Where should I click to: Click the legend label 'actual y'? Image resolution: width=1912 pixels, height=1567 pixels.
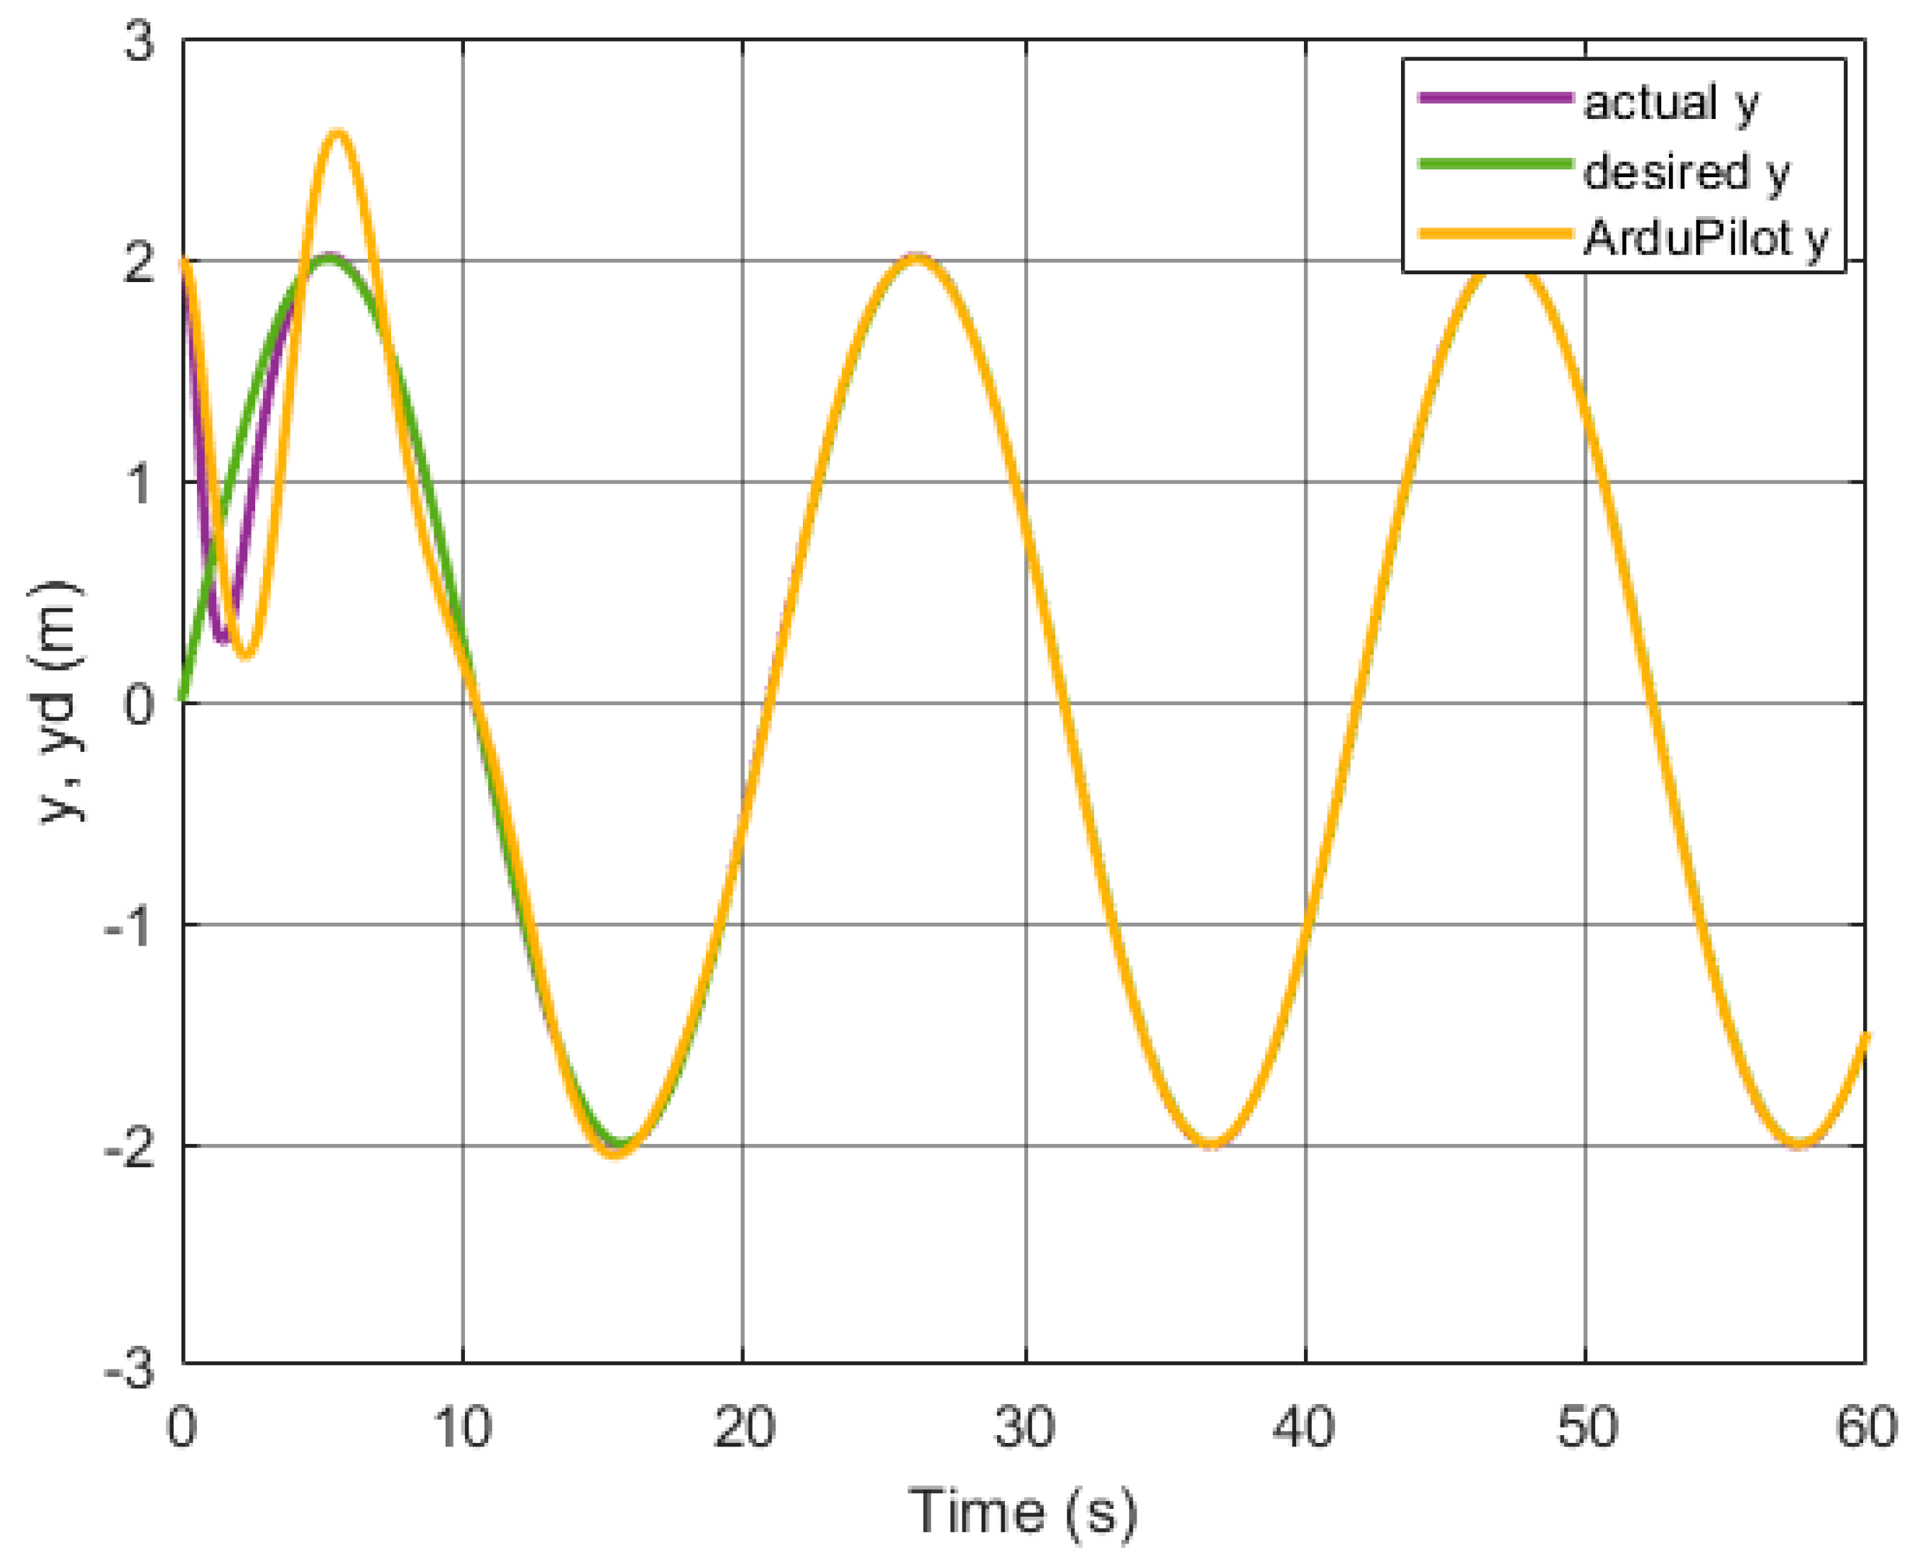tap(1670, 102)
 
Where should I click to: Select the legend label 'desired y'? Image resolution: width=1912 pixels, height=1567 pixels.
tap(1685, 172)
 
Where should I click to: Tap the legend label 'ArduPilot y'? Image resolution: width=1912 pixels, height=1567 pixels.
tap(1705, 238)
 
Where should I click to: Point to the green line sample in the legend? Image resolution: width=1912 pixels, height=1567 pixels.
tap(1495, 164)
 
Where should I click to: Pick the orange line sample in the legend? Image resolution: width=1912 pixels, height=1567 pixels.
tap(1495, 234)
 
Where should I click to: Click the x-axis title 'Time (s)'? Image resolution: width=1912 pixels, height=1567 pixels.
tap(1022, 1511)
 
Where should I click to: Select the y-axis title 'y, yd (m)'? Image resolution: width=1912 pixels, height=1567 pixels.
tap(62, 703)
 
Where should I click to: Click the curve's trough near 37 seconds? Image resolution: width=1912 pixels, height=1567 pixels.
tap(1210, 1145)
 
